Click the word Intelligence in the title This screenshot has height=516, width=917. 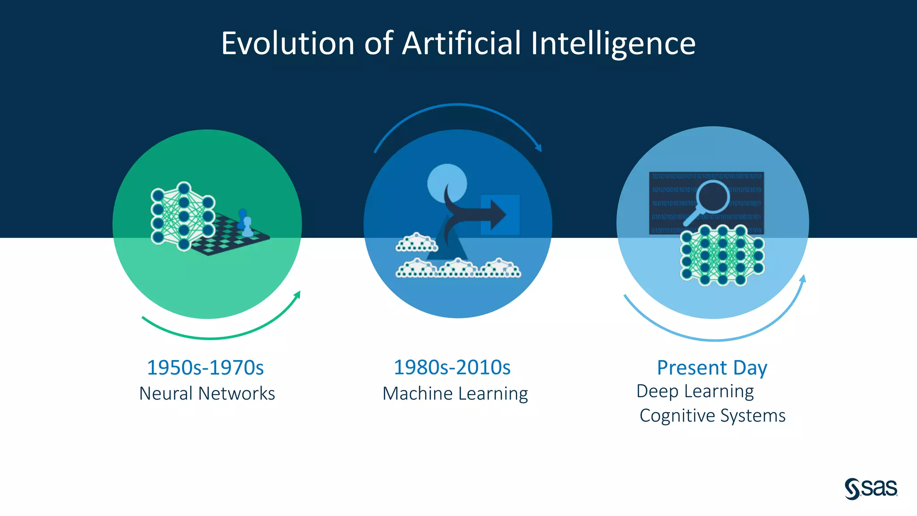(x=613, y=43)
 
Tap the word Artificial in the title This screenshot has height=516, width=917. (x=462, y=43)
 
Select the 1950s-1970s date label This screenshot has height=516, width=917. (x=206, y=368)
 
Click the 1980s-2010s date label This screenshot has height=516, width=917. (x=452, y=367)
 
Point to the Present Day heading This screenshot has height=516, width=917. (x=712, y=368)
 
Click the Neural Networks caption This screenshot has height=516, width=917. (x=207, y=393)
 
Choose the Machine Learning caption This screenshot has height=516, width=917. (x=455, y=393)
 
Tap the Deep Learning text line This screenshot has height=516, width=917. (x=695, y=391)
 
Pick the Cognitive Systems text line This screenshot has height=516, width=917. (x=712, y=416)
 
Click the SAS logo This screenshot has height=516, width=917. (x=871, y=488)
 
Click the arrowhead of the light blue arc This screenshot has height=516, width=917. (x=802, y=279)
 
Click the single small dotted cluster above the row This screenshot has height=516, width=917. (x=416, y=242)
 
